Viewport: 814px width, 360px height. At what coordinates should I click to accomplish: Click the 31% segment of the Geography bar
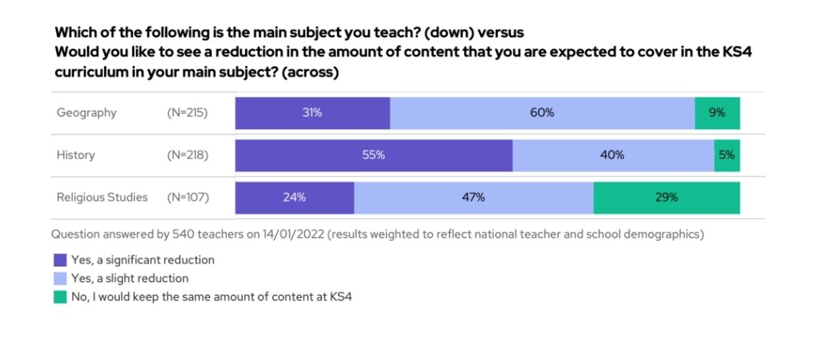(x=312, y=112)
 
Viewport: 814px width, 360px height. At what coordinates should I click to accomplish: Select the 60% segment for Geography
(x=542, y=112)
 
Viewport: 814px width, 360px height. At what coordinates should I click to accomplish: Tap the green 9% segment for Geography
(x=717, y=112)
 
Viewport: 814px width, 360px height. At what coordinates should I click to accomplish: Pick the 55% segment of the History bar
(x=373, y=155)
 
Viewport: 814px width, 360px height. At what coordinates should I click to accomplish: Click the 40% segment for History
(x=613, y=155)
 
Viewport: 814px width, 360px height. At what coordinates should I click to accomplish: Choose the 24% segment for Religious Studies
(x=294, y=198)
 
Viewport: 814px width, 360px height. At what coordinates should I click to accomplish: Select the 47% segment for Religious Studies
(x=474, y=198)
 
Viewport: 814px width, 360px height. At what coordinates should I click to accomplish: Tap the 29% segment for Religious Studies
(x=666, y=198)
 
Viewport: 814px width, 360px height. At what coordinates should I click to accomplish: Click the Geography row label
(x=87, y=112)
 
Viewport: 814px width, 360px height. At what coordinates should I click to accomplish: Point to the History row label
(x=75, y=155)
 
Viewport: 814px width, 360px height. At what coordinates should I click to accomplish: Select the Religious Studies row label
(x=102, y=198)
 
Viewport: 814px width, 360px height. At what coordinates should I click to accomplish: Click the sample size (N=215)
(x=187, y=112)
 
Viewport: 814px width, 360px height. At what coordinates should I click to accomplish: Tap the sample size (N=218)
(x=187, y=155)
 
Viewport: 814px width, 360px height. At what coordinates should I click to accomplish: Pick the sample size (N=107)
(x=187, y=198)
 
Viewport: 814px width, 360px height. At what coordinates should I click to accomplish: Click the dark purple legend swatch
(x=60, y=260)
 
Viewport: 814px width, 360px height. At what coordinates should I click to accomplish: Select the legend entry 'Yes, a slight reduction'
(x=130, y=278)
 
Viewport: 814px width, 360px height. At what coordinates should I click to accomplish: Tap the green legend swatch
(x=60, y=297)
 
